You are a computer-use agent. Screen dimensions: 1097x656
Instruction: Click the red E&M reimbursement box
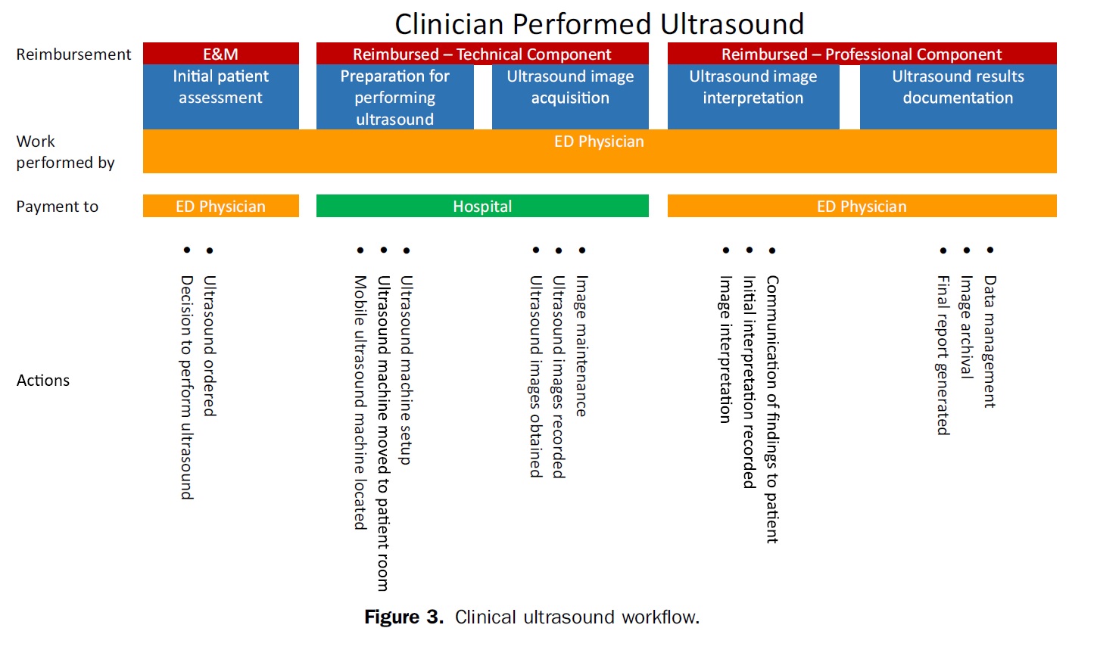pyautogui.click(x=221, y=54)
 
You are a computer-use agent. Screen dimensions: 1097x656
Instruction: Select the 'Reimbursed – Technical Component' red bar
pyautogui.click(x=482, y=54)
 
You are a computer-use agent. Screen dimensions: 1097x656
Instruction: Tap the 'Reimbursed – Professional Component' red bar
pyautogui.click(x=862, y=54)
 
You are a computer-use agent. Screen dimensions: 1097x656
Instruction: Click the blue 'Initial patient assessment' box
pyautogui.click(x=221, y=97)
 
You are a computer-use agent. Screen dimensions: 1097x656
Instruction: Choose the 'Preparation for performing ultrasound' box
pyautogui.click(x=394, y=97)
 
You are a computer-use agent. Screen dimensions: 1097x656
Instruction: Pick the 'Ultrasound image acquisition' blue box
pyautogui.click(x=571, y=97)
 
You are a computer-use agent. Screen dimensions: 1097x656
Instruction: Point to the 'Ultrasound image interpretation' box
pyautogui.click(x=753, y=97)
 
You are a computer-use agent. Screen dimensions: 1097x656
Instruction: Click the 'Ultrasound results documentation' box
pyautogui.click(x=958, y=97)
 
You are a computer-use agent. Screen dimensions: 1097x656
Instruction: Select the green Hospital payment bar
pyautogui.click(x=482, y=206)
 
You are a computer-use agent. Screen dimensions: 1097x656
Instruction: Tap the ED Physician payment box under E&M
pyautogui.click(x=221, y=206)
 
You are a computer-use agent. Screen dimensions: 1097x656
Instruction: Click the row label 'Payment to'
pyautogui.click(x=58, y=207)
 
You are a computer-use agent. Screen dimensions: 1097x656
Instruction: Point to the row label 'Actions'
pyautogui.click(x=43, y=381)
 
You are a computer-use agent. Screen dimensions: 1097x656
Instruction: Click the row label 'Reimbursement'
pyautogui.click(x=73, y=54)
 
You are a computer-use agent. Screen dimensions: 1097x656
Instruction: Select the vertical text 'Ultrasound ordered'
pyautogui.click(x=210, y=346)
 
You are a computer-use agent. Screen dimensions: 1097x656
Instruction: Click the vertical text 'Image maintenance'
pyautogui.click(x=581, y=346)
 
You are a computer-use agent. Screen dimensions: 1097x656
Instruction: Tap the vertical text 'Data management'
pyautogui.click(x=989, y=342)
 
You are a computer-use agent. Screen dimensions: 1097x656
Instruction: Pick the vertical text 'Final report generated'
pyautogui.click(x=943, y=356)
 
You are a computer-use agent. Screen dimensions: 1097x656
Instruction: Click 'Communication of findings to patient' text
pyautogui.click(x=772, y=409)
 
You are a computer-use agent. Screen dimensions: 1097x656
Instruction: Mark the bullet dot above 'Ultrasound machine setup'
pyautogui.click(x=407, y=250)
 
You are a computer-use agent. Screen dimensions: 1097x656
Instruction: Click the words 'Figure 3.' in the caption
pyautogui.click(x=404, y=617)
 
